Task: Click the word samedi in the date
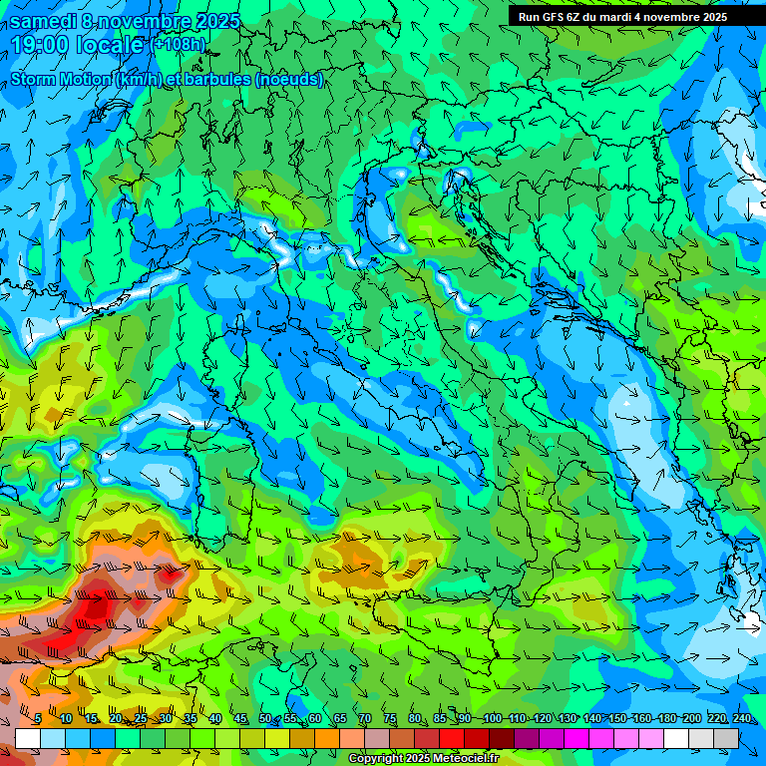(41, 21)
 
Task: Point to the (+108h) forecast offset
(179, 45)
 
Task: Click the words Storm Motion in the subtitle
(60, 79)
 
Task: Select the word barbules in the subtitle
(220, 79)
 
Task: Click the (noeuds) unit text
(290, 79)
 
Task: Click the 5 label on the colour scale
(38, 719)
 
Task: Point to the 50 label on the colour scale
(265, 719)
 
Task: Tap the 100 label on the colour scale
(492, 719)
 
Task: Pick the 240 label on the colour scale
(741, 719)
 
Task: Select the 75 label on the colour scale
(390, 719)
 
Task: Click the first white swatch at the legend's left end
(28, 738)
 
